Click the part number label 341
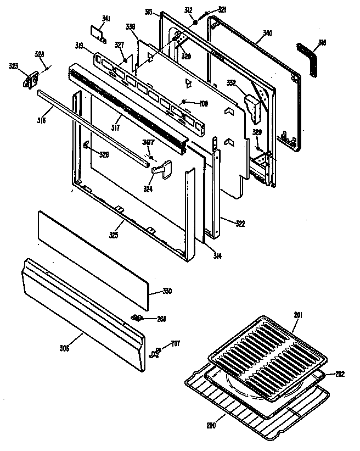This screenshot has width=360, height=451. [x=106, y=19]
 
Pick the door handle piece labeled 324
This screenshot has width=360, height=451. [x=160, y=168]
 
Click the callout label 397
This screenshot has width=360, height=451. [x=148, y=142]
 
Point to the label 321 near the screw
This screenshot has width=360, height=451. [x=206, y=10]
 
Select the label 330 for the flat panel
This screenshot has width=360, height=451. [x=167, y=291]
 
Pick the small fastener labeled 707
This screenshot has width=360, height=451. [x=157, y=350]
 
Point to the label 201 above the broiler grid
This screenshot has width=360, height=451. [x=297, y=315]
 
